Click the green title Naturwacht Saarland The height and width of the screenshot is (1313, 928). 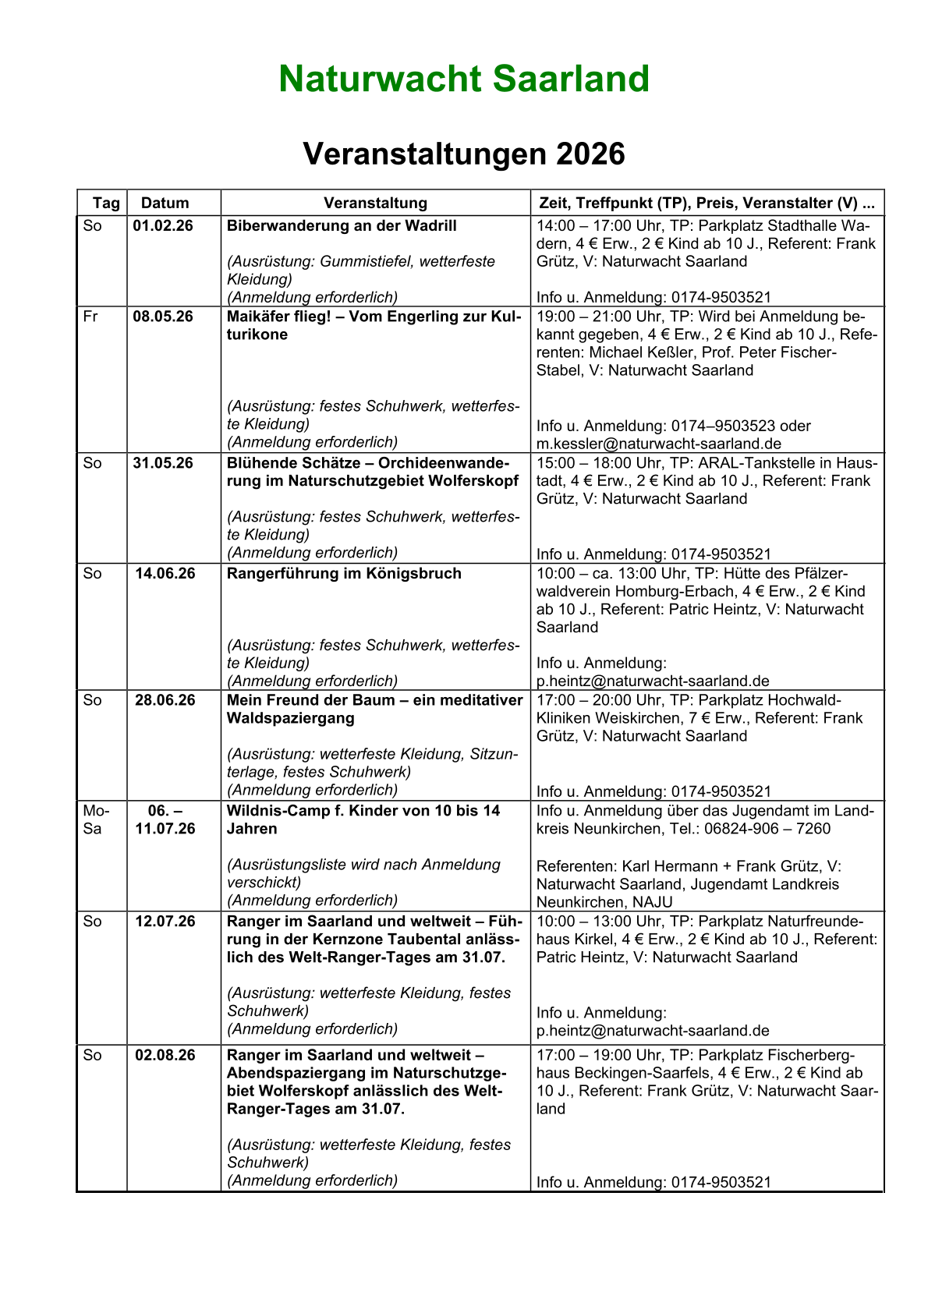coord(464,79)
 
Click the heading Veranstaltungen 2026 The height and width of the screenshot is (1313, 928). coord(464,154)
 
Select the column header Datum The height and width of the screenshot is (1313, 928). coord(165,203)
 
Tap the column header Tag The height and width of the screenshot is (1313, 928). coord(106,203)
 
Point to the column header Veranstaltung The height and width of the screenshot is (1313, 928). coord(375,203)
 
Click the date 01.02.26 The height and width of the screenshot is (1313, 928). coord(164,225)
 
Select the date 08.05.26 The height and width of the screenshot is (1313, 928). coord(164,316)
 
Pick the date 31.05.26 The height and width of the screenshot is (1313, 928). coord(164,462)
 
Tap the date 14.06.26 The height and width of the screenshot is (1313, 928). coord(164,573)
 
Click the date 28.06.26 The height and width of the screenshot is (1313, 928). coord(165,699)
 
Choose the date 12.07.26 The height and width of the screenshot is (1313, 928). coord(165,921)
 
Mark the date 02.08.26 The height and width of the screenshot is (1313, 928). coord(165,1055)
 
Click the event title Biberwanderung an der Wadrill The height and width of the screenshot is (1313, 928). coord(342,225)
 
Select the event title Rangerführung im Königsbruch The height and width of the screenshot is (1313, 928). coord(344,573)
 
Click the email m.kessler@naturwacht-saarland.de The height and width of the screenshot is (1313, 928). coord(653,443)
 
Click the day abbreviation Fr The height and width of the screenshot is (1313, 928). coord(91,316)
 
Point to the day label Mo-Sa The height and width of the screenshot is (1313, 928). coord(92,819)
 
